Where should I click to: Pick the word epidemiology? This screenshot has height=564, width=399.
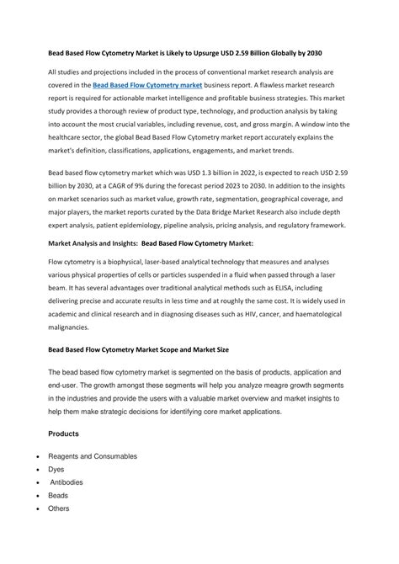[165, 227]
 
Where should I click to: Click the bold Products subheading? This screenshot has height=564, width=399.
[65, 434]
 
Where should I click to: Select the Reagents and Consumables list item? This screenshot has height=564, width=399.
[93, 456]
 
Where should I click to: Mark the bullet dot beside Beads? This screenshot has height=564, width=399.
[30, 496]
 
